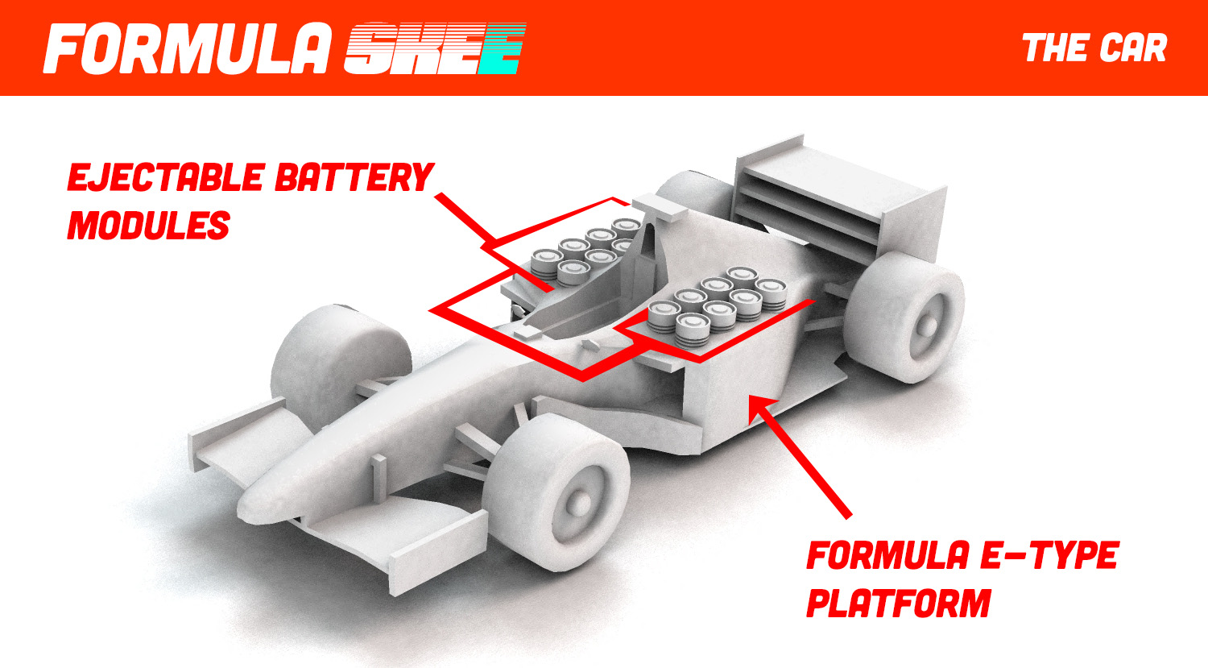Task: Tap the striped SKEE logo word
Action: click(x=435, y=49)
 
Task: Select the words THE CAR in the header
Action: click(x=1094, y=48)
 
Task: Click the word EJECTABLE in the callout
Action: click(x=166, y=178)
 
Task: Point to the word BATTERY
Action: click(x=354, y=178)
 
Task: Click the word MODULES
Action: click(x=148, y=226)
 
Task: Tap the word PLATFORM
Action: click(x=898, y=604)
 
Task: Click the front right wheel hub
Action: click(x=577, y=501)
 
